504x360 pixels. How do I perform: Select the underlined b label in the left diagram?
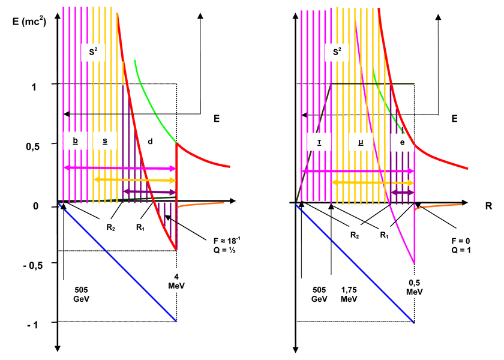75,141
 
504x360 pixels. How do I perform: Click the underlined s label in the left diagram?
105,141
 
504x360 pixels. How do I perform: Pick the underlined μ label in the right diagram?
361,141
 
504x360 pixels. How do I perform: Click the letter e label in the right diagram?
401,141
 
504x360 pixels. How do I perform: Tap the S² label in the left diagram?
93,52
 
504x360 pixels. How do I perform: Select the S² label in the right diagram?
337,52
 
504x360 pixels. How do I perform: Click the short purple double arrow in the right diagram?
403,193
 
